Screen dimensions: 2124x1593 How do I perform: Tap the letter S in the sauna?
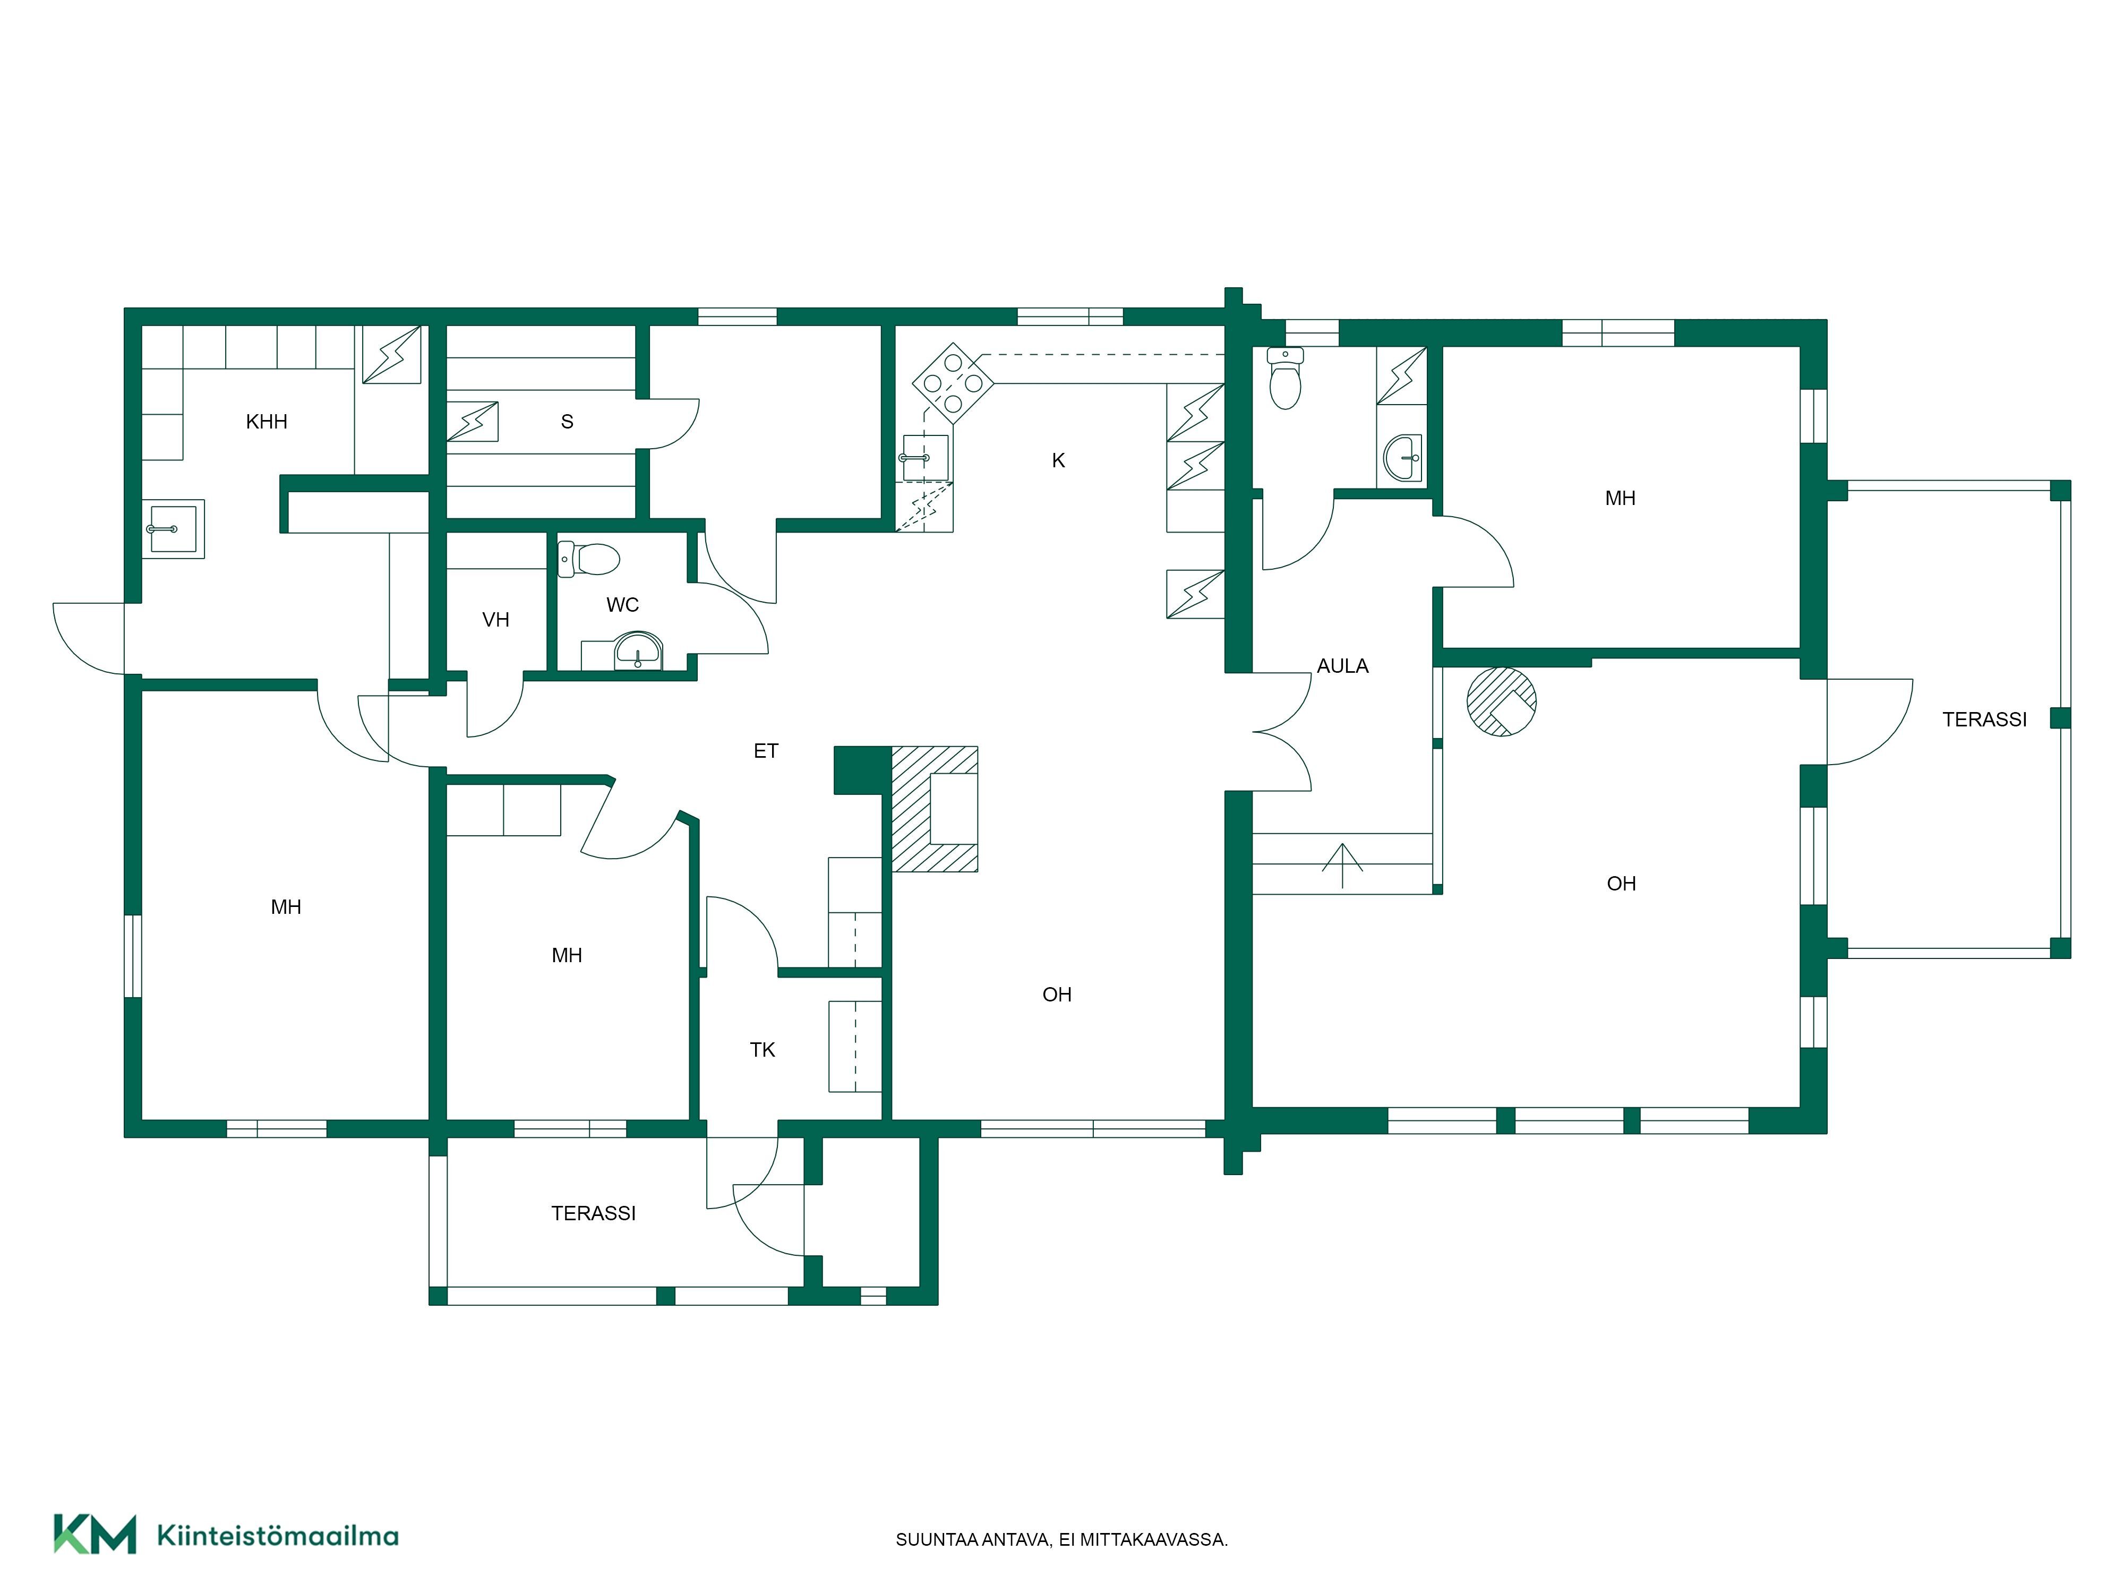coord(568,422)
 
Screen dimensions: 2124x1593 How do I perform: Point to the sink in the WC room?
coord(638,651)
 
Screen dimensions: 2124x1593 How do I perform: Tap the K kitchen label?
coord(1058,461)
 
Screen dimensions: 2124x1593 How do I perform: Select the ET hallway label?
coord(765,751)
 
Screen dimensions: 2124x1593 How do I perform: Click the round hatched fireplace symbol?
coord(1502,702)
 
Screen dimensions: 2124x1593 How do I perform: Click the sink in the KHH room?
coord(174,529)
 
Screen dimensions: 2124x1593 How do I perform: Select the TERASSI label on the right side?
coord(1985,719)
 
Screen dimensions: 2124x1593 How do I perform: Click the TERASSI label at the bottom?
coord(594,1214)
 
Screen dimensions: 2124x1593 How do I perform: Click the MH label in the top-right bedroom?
coord(1621,499)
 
